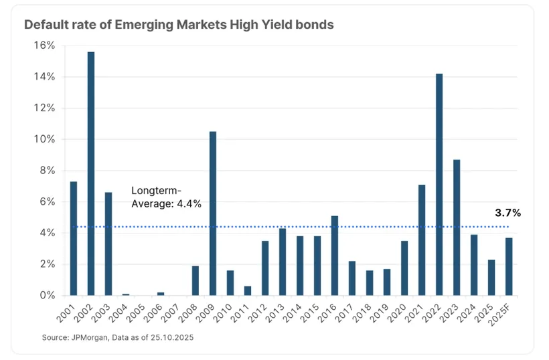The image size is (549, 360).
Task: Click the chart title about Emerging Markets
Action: pyautogui.click(x=179, y=25)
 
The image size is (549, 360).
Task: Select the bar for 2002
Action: pyautogui.click(x=90, y=173)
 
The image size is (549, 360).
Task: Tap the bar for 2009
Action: pyautogui.click(x=213, y=213)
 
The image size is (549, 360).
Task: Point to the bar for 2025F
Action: pyautogui.click(x=509, y=266)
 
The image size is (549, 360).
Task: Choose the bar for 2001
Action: pyautogui.click(x=73, y=238)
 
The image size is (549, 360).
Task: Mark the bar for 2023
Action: pyautogui.click(x=457, y=228)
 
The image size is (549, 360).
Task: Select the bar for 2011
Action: pyautogui.click(x=248, y=290)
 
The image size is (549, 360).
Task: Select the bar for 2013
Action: pyautogui.click(x=283, y=262)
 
